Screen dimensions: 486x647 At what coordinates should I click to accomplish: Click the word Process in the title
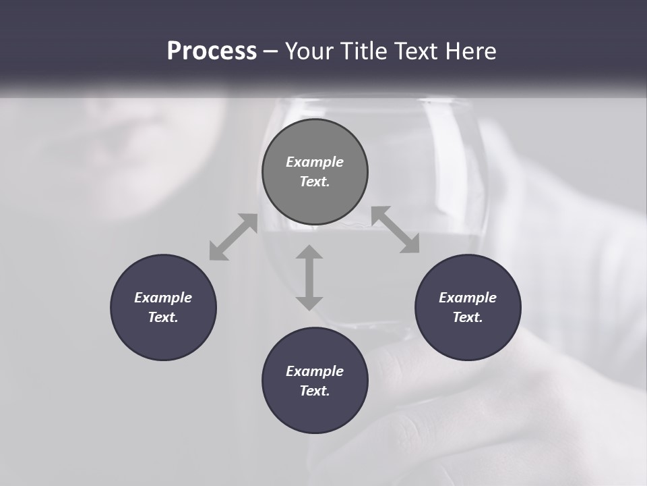coord(212,51)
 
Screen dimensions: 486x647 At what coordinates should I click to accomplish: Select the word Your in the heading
coord(309,51)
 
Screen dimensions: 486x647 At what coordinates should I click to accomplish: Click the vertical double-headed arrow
coord(309,277)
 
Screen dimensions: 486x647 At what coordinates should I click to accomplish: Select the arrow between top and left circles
coord(233,236)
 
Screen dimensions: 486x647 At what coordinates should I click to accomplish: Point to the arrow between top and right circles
coord(396,230)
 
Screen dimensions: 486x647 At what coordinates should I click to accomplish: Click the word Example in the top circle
coord(315,162)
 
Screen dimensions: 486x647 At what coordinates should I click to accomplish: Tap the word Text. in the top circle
coord(315,182)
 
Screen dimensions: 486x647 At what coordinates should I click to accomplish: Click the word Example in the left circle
coord(163,298)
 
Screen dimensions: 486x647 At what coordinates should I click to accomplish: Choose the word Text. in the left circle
coord(163,317)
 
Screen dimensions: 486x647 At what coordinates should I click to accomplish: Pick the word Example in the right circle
coord(468,298)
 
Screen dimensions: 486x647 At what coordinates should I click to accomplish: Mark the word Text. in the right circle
coord(468,317)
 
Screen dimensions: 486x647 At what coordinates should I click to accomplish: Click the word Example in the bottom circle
coord(315,371)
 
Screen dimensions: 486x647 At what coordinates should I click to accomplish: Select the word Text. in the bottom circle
coord(315,391)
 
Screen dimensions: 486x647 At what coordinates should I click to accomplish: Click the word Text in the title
coord(414,51)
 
